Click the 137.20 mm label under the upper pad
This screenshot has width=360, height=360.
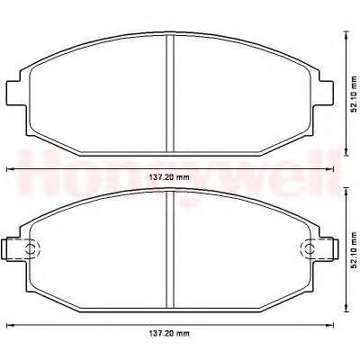169,177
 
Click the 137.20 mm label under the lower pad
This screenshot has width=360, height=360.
169,333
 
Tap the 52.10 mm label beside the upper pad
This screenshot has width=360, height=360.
354,94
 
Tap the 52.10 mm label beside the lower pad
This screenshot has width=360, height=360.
354,249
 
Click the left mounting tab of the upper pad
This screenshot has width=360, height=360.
14,93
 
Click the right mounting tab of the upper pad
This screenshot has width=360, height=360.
326,93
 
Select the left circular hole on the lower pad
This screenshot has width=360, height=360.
31,248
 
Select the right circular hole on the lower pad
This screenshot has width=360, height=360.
309,248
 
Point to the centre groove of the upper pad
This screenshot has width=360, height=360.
170,93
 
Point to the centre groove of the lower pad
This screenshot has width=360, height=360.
170,249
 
